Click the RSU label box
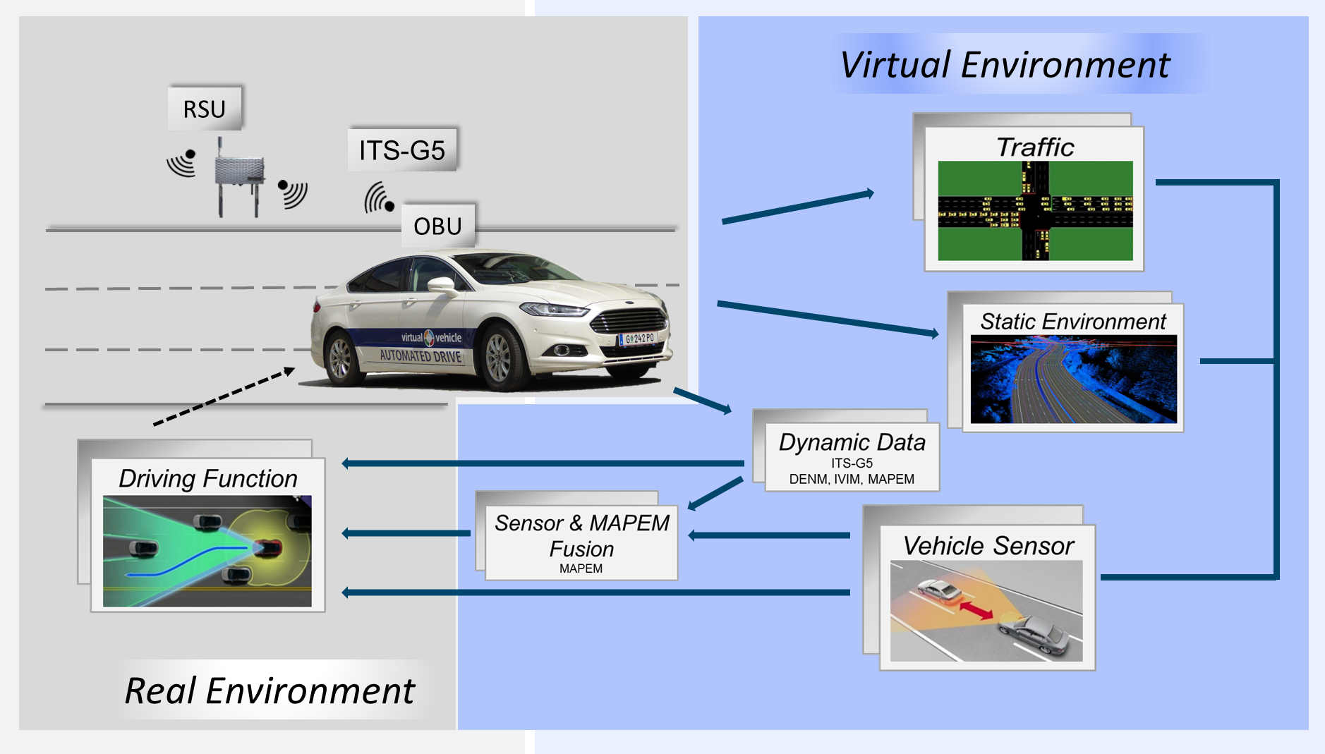coord(205,109)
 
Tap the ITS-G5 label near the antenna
coord(402,150)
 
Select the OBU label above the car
coord(437,226)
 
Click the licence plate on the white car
coord(639,339)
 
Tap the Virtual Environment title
coord(1005,65)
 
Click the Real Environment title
coord(270,691)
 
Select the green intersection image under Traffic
coord(1035,211)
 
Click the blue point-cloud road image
coord(1073,379)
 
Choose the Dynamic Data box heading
coord(852,442)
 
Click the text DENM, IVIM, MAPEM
coord(852,480)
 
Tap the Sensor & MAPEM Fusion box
coord(581,542)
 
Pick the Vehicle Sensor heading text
coord(988,546)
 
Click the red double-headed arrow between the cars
coord(976,609)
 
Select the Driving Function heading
coord(208,478)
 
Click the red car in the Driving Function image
coord(267,547)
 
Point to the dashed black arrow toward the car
coord(224,397)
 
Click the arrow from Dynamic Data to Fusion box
coord(715,493)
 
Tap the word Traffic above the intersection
coord(1035,147)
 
